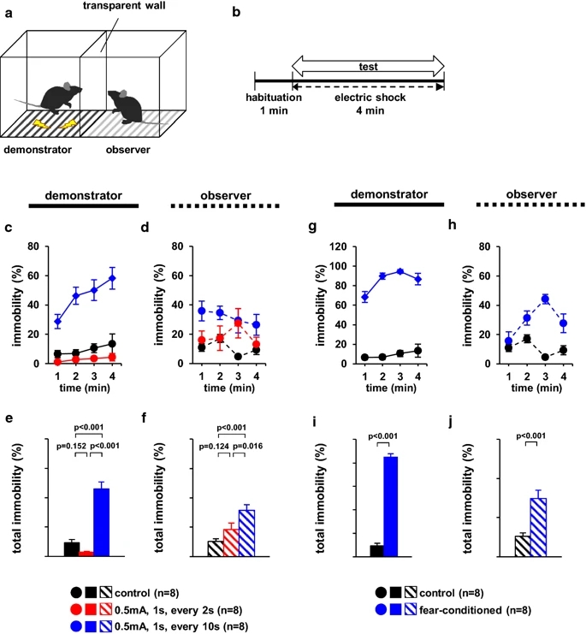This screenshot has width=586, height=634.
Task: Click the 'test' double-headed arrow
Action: pos(368,62)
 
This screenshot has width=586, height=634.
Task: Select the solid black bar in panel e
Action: pos(72,548)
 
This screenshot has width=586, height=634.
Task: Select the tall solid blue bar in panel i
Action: pos(391,506)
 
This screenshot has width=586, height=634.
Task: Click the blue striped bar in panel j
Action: pos(538,526)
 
